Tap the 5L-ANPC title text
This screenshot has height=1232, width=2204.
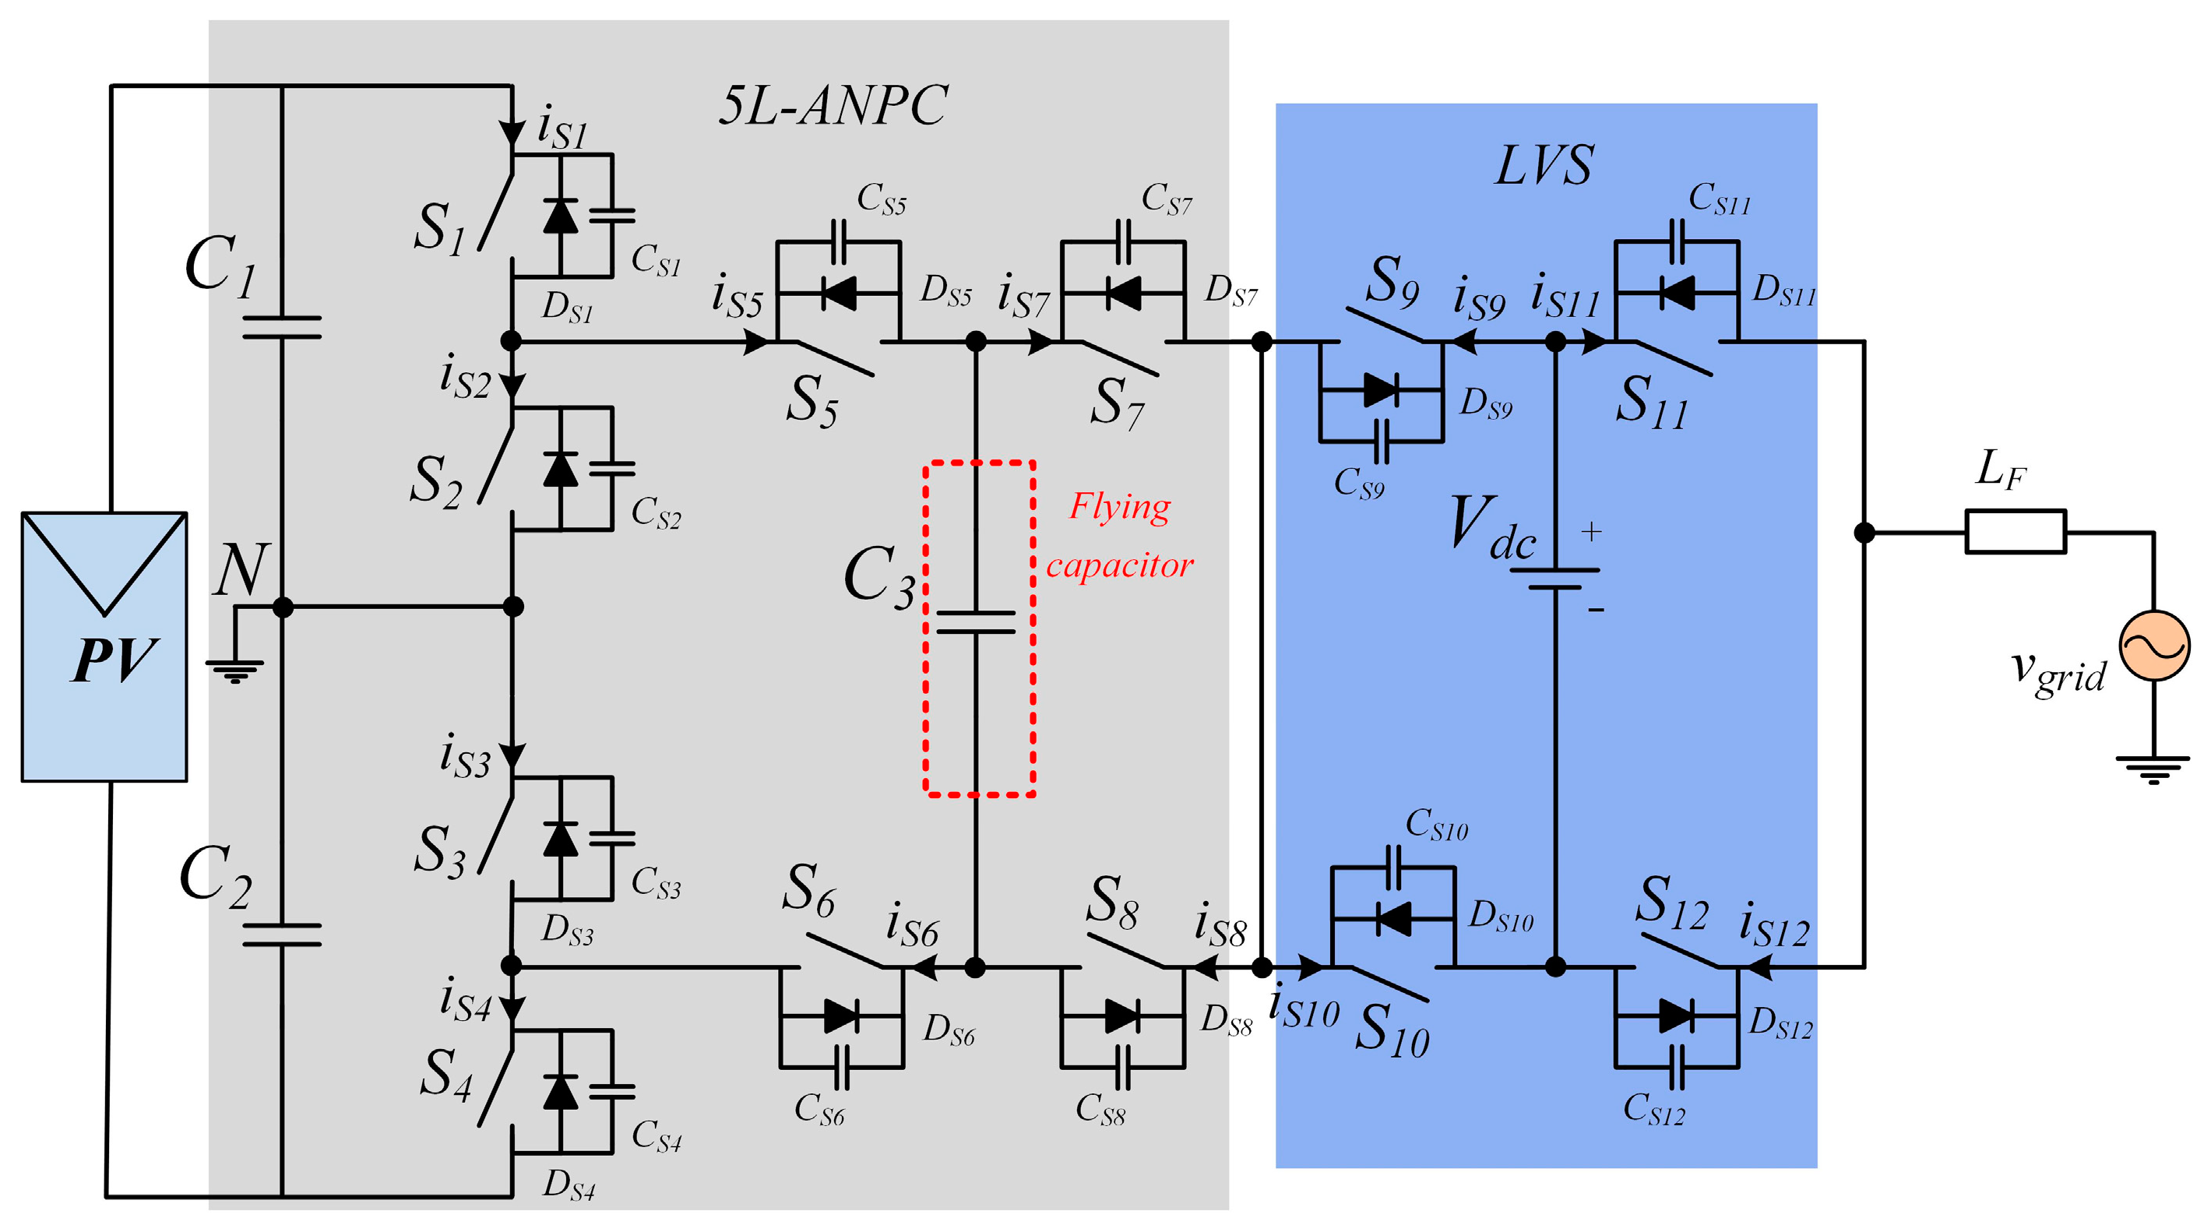[x=832, y=106]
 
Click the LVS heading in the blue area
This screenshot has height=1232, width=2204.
[x=1544, y=164]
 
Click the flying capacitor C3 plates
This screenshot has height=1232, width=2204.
[x=975, y=622]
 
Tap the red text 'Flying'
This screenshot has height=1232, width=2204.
[x=1119, y=506]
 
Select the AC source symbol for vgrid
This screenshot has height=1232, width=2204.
[x=2153, y=646]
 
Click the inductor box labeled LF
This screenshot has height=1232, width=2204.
[x=2015, y=532]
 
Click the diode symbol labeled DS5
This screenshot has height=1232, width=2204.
[x=839, y=294]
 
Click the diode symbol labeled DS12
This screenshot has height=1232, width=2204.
[x=1675, y=1016]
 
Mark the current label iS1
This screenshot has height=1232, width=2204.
[x=562, y=128]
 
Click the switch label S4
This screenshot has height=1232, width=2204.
[x=445, y=1075]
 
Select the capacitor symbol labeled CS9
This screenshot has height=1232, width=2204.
[x=1381, y=442]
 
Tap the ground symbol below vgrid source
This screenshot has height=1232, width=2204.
[x=2153, y=769]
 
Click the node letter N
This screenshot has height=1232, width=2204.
[x=241, y=570]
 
